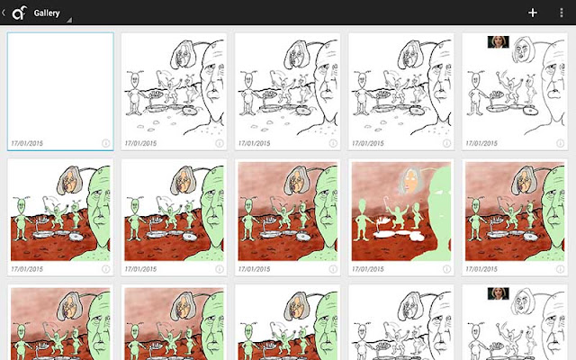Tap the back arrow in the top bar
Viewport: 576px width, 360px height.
(x=4, y=13)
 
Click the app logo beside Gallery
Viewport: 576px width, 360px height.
(x=19, y=13)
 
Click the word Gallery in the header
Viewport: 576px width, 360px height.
(x=47, y=13)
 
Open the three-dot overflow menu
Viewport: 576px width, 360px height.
(x=562, y=13)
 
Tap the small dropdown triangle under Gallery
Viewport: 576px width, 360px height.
(x=69, y=20)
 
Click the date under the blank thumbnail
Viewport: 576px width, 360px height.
(x=27, y=143)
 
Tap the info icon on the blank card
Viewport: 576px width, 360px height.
(x=105, y=143)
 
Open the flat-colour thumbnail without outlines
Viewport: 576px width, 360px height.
(x=401, y=211)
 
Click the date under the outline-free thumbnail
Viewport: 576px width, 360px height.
(x=368, y=269)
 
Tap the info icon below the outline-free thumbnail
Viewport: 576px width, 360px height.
(x=446, y=269)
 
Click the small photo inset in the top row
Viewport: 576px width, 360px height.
(x=498, y=42)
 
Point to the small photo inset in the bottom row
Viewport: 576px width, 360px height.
(x=498, y=293)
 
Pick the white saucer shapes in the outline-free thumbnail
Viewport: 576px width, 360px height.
(x=399, y=234)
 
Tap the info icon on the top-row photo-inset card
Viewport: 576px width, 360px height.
(x=560, y=143)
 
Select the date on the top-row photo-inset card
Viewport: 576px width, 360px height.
(x=481, y=143)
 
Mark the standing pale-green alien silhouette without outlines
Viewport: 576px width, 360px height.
(x=362, y=220)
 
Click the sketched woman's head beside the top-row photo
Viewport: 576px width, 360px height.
(x=522, y=49)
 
